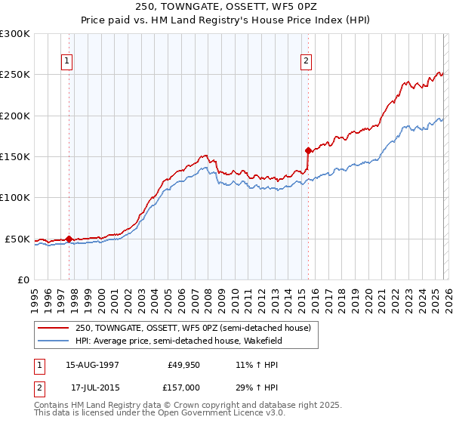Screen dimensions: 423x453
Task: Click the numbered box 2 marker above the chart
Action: tap(307, 62)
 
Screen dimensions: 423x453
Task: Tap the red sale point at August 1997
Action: tap(69, 239)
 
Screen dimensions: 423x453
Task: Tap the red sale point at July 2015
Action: tap(308, 150)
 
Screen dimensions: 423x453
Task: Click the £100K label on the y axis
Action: tap(15, 198)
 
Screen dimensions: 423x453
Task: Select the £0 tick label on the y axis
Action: tap(23, 279)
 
